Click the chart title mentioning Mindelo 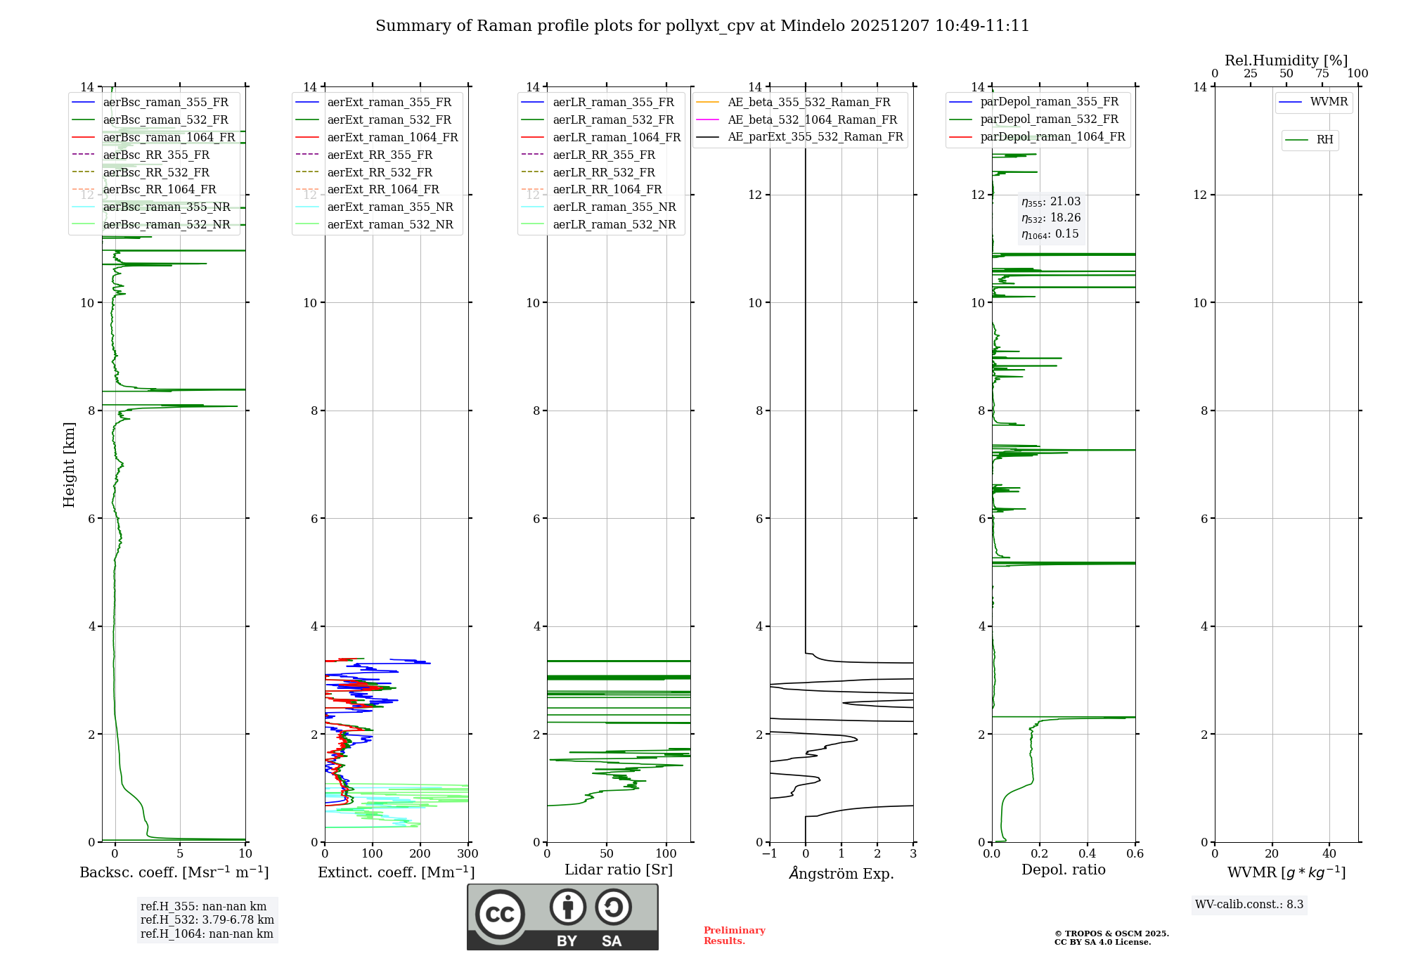coord(702,26)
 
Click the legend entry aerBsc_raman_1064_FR coord(169,137)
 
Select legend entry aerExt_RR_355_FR coord(380,155)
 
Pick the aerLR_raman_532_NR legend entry coord(614,224)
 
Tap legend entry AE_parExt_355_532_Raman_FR coord(815,136)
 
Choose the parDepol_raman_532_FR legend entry coord(1049,119)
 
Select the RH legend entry coord(1324,140)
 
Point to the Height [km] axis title coord(69,464)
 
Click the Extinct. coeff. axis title coord(396,872)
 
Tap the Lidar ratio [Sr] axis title coord(619,870)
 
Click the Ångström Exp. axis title coord(841,873)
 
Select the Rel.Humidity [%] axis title coord(1286,60)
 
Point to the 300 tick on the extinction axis coord(468,854)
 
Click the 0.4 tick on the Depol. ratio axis coord(1088,854)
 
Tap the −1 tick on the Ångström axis coord(769,854)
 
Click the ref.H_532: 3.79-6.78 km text coord(207,919)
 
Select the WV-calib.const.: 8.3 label coord(1249,905)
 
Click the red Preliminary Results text coord(734,935)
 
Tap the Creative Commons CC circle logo coord(500,914)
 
